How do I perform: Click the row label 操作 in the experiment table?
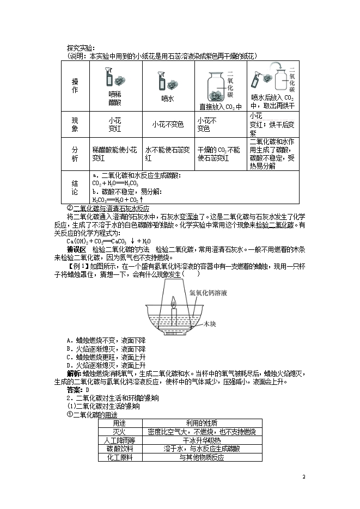(75, 85)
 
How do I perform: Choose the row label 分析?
(75, 154)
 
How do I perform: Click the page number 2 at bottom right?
(304, 476)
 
